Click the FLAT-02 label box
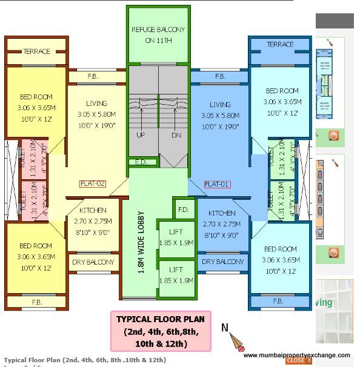tap(93, 183)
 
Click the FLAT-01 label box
tap(218, 184)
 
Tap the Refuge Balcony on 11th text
tap(158, 35)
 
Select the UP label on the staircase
tap(141, 135)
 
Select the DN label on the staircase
tap(176, 135)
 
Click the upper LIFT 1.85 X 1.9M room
tap(176, 237)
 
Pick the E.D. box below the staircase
tap(140, 162)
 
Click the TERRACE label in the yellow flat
tap(36, 51)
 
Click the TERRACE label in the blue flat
tap(280, 44)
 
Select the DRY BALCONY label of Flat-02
tap(93, 262)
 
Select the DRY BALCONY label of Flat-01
tap(222, 262)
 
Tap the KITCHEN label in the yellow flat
tap(93, 210)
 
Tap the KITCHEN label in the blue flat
tap(222, 214)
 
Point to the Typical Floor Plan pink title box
tap(160, 331)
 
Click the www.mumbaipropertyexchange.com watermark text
tap(296, 355)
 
